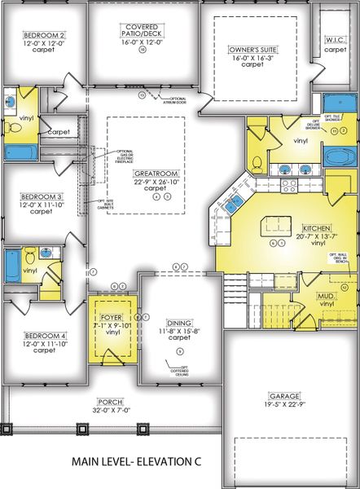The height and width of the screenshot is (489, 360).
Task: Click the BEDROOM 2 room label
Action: (x=44, y=36)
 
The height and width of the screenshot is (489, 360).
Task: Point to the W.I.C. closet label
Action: (x=335, y=39)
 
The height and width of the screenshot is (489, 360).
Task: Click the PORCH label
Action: (x=110, y=401)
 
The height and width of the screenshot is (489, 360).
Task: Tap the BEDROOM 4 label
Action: (x=44, y=336)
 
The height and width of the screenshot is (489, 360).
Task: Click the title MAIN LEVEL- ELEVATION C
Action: (x=134, y=460)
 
